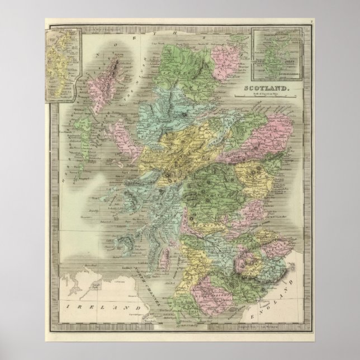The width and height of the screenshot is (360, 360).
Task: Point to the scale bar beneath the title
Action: point(267,97)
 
